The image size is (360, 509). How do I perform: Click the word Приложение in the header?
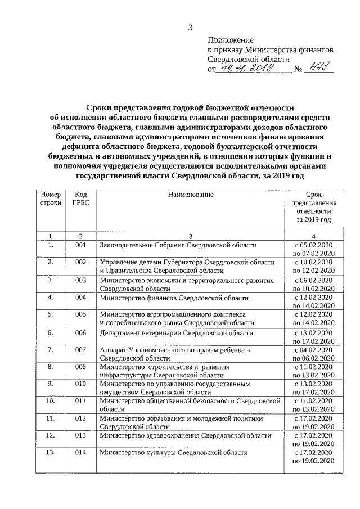[231, 40]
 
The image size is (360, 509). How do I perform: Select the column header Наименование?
[191, 194]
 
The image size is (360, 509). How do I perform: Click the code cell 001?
[80, 245]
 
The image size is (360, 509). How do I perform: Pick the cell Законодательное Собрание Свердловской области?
[178, 245]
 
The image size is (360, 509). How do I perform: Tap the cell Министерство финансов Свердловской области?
[174, 298]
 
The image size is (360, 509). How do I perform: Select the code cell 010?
[80, 385]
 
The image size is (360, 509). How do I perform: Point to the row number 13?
[51, 452]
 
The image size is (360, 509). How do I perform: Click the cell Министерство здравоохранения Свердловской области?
[186, 435]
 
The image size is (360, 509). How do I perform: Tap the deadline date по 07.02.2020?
[314, 254]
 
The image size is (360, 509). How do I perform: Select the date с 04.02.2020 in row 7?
[314, 350]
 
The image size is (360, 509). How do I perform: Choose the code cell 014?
[80, 452]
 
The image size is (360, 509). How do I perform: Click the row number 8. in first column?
[51, 367]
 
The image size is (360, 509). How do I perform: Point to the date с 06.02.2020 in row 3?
[314, 280]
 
